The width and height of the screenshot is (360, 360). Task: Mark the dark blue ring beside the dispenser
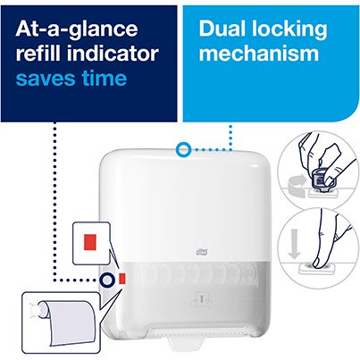coord(106,280)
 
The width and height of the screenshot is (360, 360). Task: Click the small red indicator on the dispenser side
coord(121,280)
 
